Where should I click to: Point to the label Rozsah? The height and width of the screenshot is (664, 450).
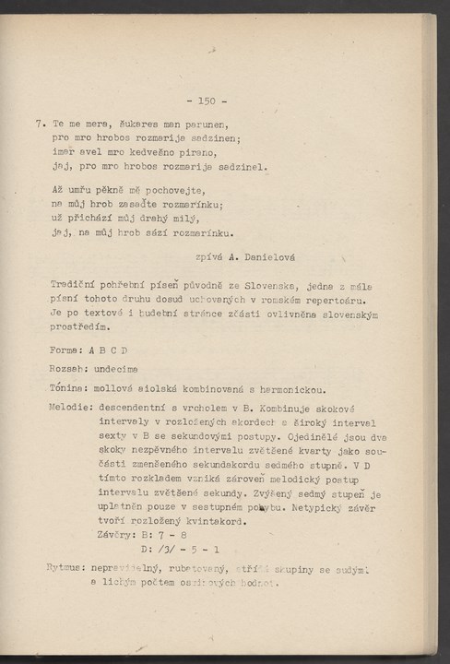click(x=74, y=368)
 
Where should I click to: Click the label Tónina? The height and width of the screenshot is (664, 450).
click(x=74, y=387)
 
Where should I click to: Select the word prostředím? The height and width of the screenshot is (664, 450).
click(x=80, y=327)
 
